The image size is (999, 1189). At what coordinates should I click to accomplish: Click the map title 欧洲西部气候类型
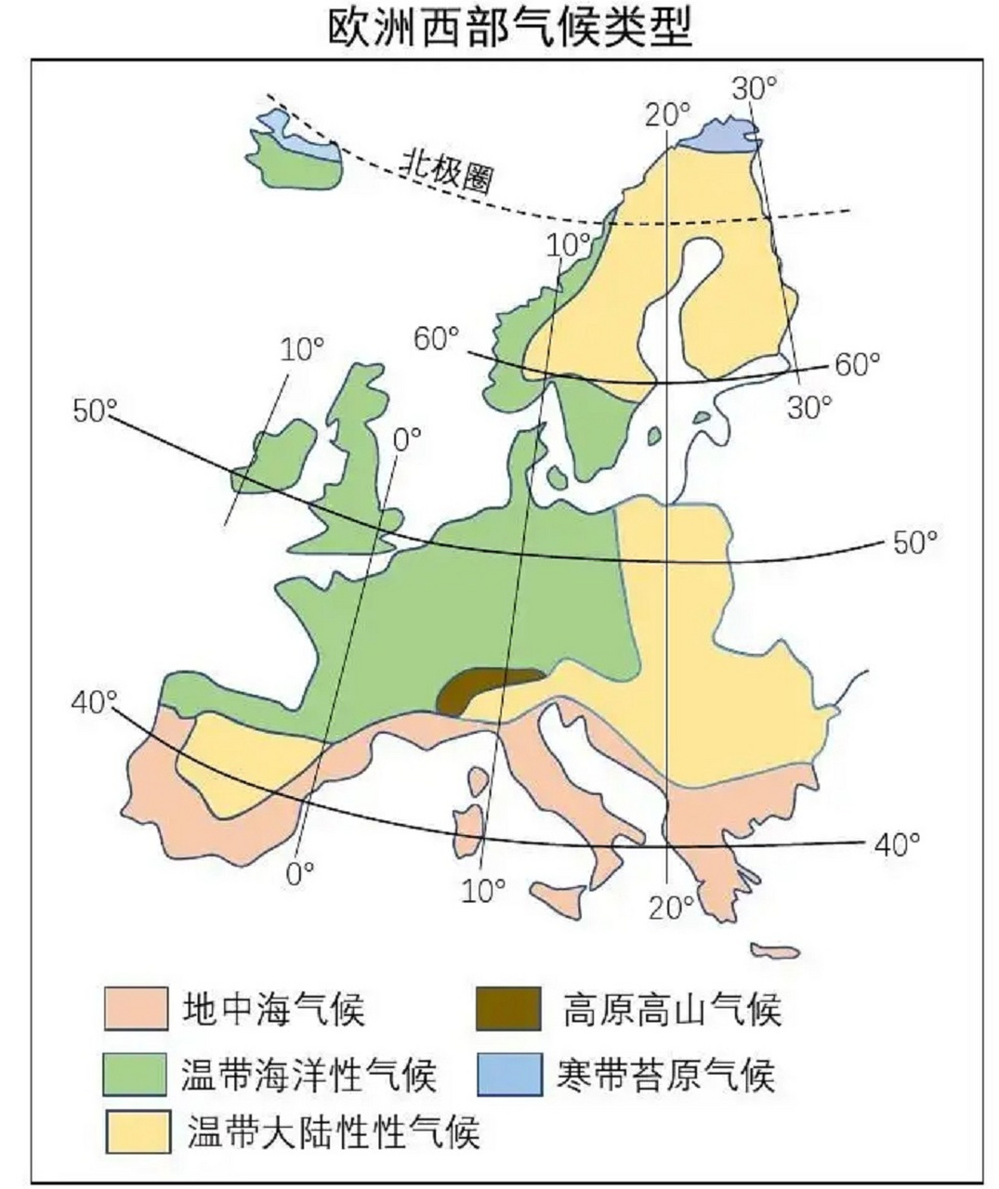pos(509,28)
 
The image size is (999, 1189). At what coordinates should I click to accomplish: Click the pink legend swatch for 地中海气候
pos(137,1008)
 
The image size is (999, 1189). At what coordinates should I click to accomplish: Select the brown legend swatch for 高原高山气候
pos(507,1008)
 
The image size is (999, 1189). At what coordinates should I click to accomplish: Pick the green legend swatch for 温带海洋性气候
pos(137,1074)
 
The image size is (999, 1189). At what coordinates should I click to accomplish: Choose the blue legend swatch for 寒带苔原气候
pos(507,1074)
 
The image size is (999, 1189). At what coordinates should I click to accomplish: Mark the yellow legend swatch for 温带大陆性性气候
pos(137,1131)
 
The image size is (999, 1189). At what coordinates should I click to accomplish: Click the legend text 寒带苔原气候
pos(666,1074)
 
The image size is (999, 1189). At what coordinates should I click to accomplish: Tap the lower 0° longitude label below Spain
pos(298,874)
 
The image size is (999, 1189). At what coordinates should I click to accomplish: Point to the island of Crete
pos(775,951)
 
